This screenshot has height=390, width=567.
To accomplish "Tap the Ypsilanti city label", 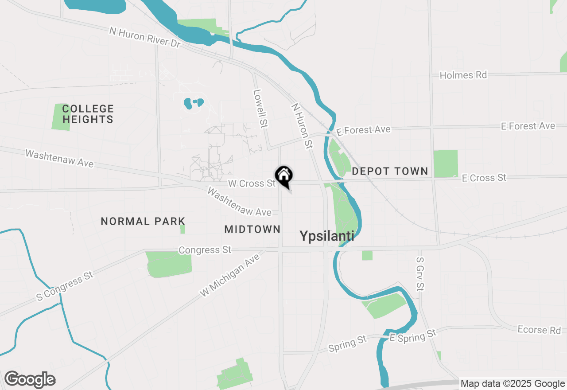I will pyautogui.click(x=327, y=236).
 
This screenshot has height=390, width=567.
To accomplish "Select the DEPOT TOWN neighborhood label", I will pyautogui.click(x=390, y=171).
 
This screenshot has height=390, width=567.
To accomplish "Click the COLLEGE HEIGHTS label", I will pyautogui.click(x=88, y=114).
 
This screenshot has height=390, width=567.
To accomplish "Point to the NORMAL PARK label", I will pyautogui.click(x=143, y=221).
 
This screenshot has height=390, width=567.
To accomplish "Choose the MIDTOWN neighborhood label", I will pyautogui.click(x=252, y=229).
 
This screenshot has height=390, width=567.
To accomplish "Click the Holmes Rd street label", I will pyautogui.click(x=463, y=75).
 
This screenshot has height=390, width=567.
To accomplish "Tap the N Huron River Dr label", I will pyautogui.click(x=145, y=37).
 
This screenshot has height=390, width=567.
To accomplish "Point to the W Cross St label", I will pyautogui.click(x=252, y=183).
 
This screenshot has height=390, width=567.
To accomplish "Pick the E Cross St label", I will pyautogui.click(x=484, y=178).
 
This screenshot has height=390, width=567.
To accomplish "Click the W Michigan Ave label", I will pyautogui.click(x=229, y=278).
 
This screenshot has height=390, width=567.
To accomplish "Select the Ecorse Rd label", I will pyautogui.click(x=539, y=330).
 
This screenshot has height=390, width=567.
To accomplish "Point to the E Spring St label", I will pyautogui.click(x=413, y=335).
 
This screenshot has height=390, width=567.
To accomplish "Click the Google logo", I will pyautogui.click(x=30, y=380).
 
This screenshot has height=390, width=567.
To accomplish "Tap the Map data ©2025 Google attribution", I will pyautogui.click(x=513, y=384).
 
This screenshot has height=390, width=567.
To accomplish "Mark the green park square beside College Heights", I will pyautogui.click(x=61, y=117).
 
